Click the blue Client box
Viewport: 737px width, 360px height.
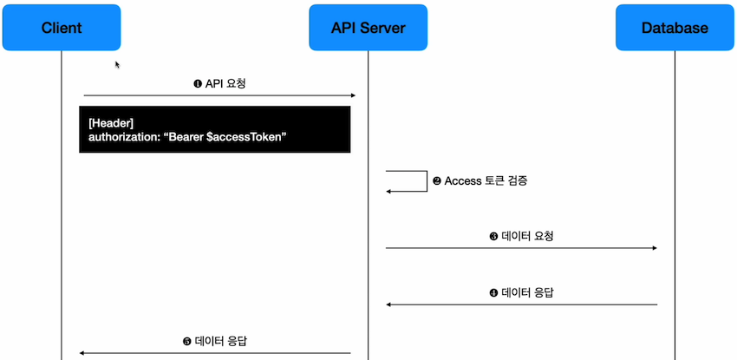point(62,28)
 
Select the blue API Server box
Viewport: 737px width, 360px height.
point(368,28)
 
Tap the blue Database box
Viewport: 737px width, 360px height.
point(674,28)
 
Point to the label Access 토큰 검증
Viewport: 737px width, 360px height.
point(486,181)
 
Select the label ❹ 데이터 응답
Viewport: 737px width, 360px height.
point(521,292)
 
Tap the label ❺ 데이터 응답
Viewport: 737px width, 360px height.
point(215,341)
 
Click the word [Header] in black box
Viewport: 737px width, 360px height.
point(110,122)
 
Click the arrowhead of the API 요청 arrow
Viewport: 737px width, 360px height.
point(352,95)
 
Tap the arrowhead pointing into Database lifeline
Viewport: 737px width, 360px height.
point(654,248)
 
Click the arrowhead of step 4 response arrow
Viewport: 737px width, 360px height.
point(389,304)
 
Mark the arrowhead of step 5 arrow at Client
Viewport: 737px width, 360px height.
point(82,353)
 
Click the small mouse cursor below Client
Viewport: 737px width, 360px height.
point(118,64)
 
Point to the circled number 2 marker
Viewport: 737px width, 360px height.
point(437,181)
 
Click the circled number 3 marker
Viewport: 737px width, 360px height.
point(493,235)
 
